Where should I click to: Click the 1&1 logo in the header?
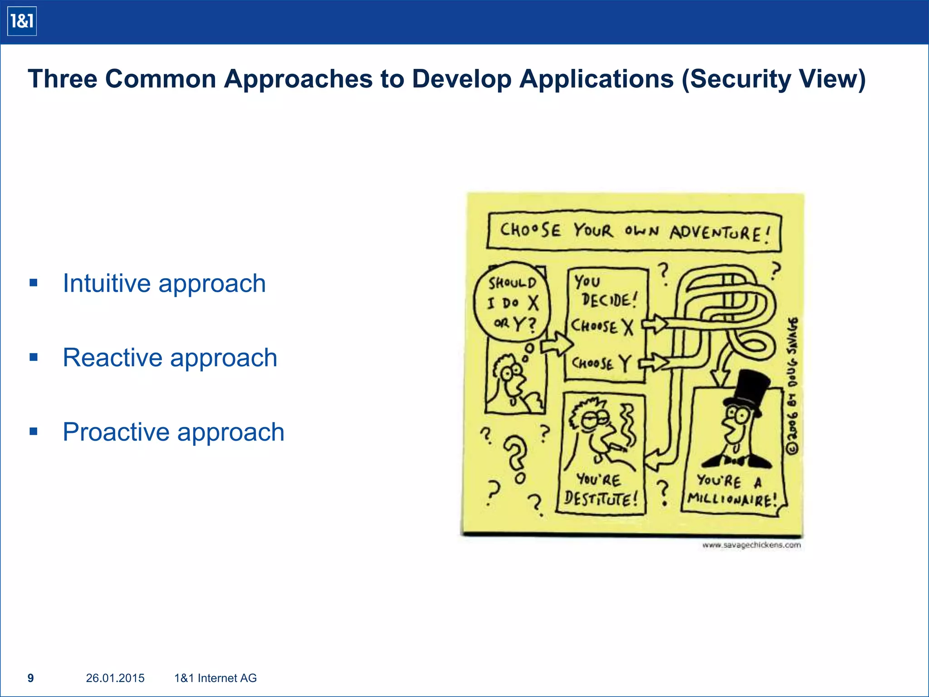(x=22, y=21)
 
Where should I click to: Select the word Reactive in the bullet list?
(x=112, y=358)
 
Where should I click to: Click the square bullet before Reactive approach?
(x=34, y=357)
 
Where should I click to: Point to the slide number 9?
(x=30, y=678)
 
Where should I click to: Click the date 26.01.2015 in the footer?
(x=115, y=678)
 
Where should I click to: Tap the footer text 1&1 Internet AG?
(x=215, y=678)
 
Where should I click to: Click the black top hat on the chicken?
(x=748, y=390)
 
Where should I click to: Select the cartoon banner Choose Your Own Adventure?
(x=634, y=231)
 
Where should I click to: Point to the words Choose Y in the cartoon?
(x=601, y=363)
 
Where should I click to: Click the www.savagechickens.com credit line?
(x=751, y=545)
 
